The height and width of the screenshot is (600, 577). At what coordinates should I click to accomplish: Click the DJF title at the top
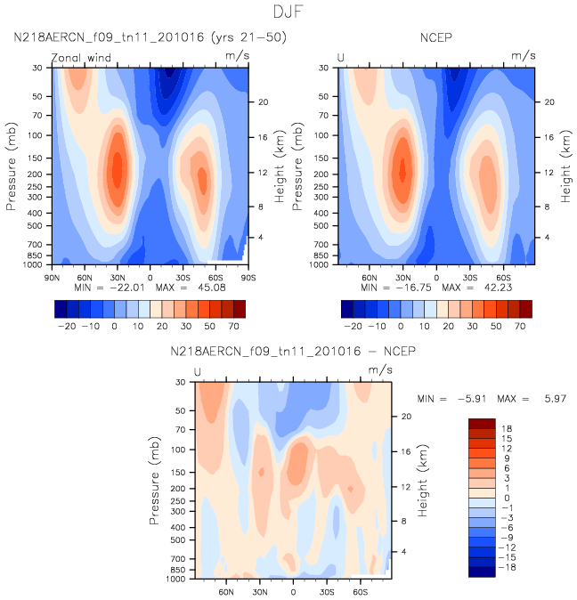click(x=288, y=12)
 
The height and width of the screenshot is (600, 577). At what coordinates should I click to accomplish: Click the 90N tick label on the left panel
click(x=53, y=276)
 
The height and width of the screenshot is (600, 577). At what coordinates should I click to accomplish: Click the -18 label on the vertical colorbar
click(x=508, y=567)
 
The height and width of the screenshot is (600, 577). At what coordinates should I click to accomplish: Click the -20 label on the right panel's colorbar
click(x=353, y=328)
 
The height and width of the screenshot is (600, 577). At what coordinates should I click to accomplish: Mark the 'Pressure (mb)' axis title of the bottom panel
click(x=155, y=479)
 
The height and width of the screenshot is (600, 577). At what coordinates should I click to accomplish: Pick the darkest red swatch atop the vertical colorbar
click(x=482, y=423)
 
